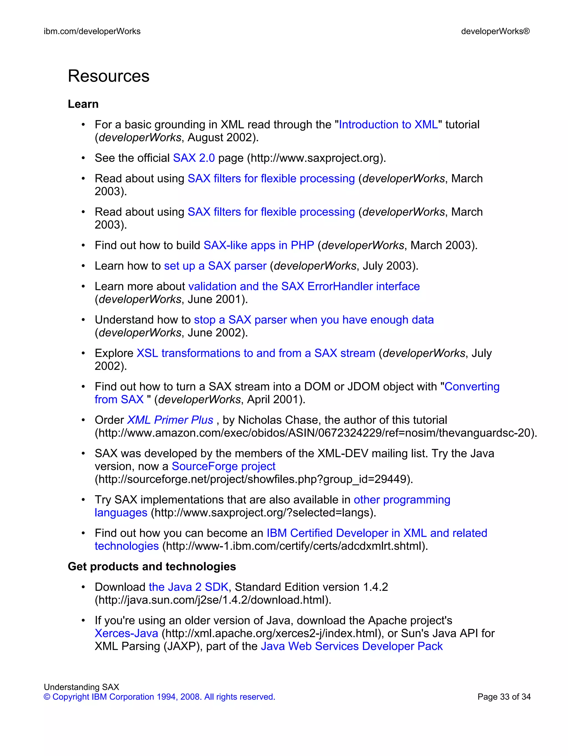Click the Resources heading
point(108,76)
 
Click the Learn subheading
point(83,104)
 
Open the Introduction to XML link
point(388,125)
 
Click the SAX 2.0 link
point(194,158)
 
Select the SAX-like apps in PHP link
point(258,245)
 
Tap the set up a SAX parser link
point(215,266)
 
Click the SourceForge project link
point(223,466)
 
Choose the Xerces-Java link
point(126,633)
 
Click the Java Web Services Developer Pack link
point(351,646)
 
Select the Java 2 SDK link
point(188,587)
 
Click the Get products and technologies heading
point(152,567)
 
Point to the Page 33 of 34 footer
point(504,697)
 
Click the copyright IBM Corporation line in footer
point(159,697)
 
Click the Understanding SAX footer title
point(81,687)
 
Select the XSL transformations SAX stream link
point(256,353)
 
